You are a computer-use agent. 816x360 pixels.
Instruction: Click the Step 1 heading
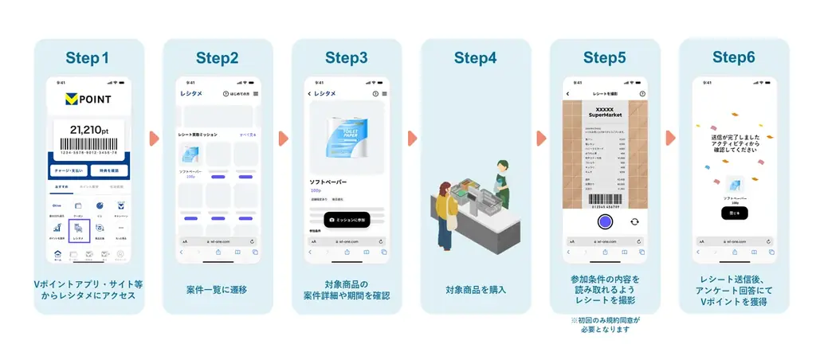click(88, 58)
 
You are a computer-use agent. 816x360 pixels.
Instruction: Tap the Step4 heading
click(475, 58)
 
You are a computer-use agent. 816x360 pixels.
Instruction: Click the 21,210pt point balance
click(88, 130)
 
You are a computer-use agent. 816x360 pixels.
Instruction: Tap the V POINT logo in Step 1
click(88, 99)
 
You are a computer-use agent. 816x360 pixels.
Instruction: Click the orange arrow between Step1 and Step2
click(154, 138)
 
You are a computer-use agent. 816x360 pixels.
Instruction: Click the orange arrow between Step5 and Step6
click(670, 138)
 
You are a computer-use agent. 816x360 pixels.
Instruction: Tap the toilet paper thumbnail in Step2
click(191, 155)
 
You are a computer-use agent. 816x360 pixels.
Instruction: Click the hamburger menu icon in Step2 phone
click(255, 94)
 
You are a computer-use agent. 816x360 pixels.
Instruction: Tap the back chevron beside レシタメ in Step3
click(309, 94)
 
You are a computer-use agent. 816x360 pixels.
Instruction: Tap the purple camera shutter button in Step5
click(605, 221)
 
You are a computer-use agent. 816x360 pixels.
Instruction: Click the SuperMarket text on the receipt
click(605, 115)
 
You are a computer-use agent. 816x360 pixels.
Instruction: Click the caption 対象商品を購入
click(475, 289)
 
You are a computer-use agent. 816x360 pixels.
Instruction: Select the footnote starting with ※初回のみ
click(605, 324)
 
